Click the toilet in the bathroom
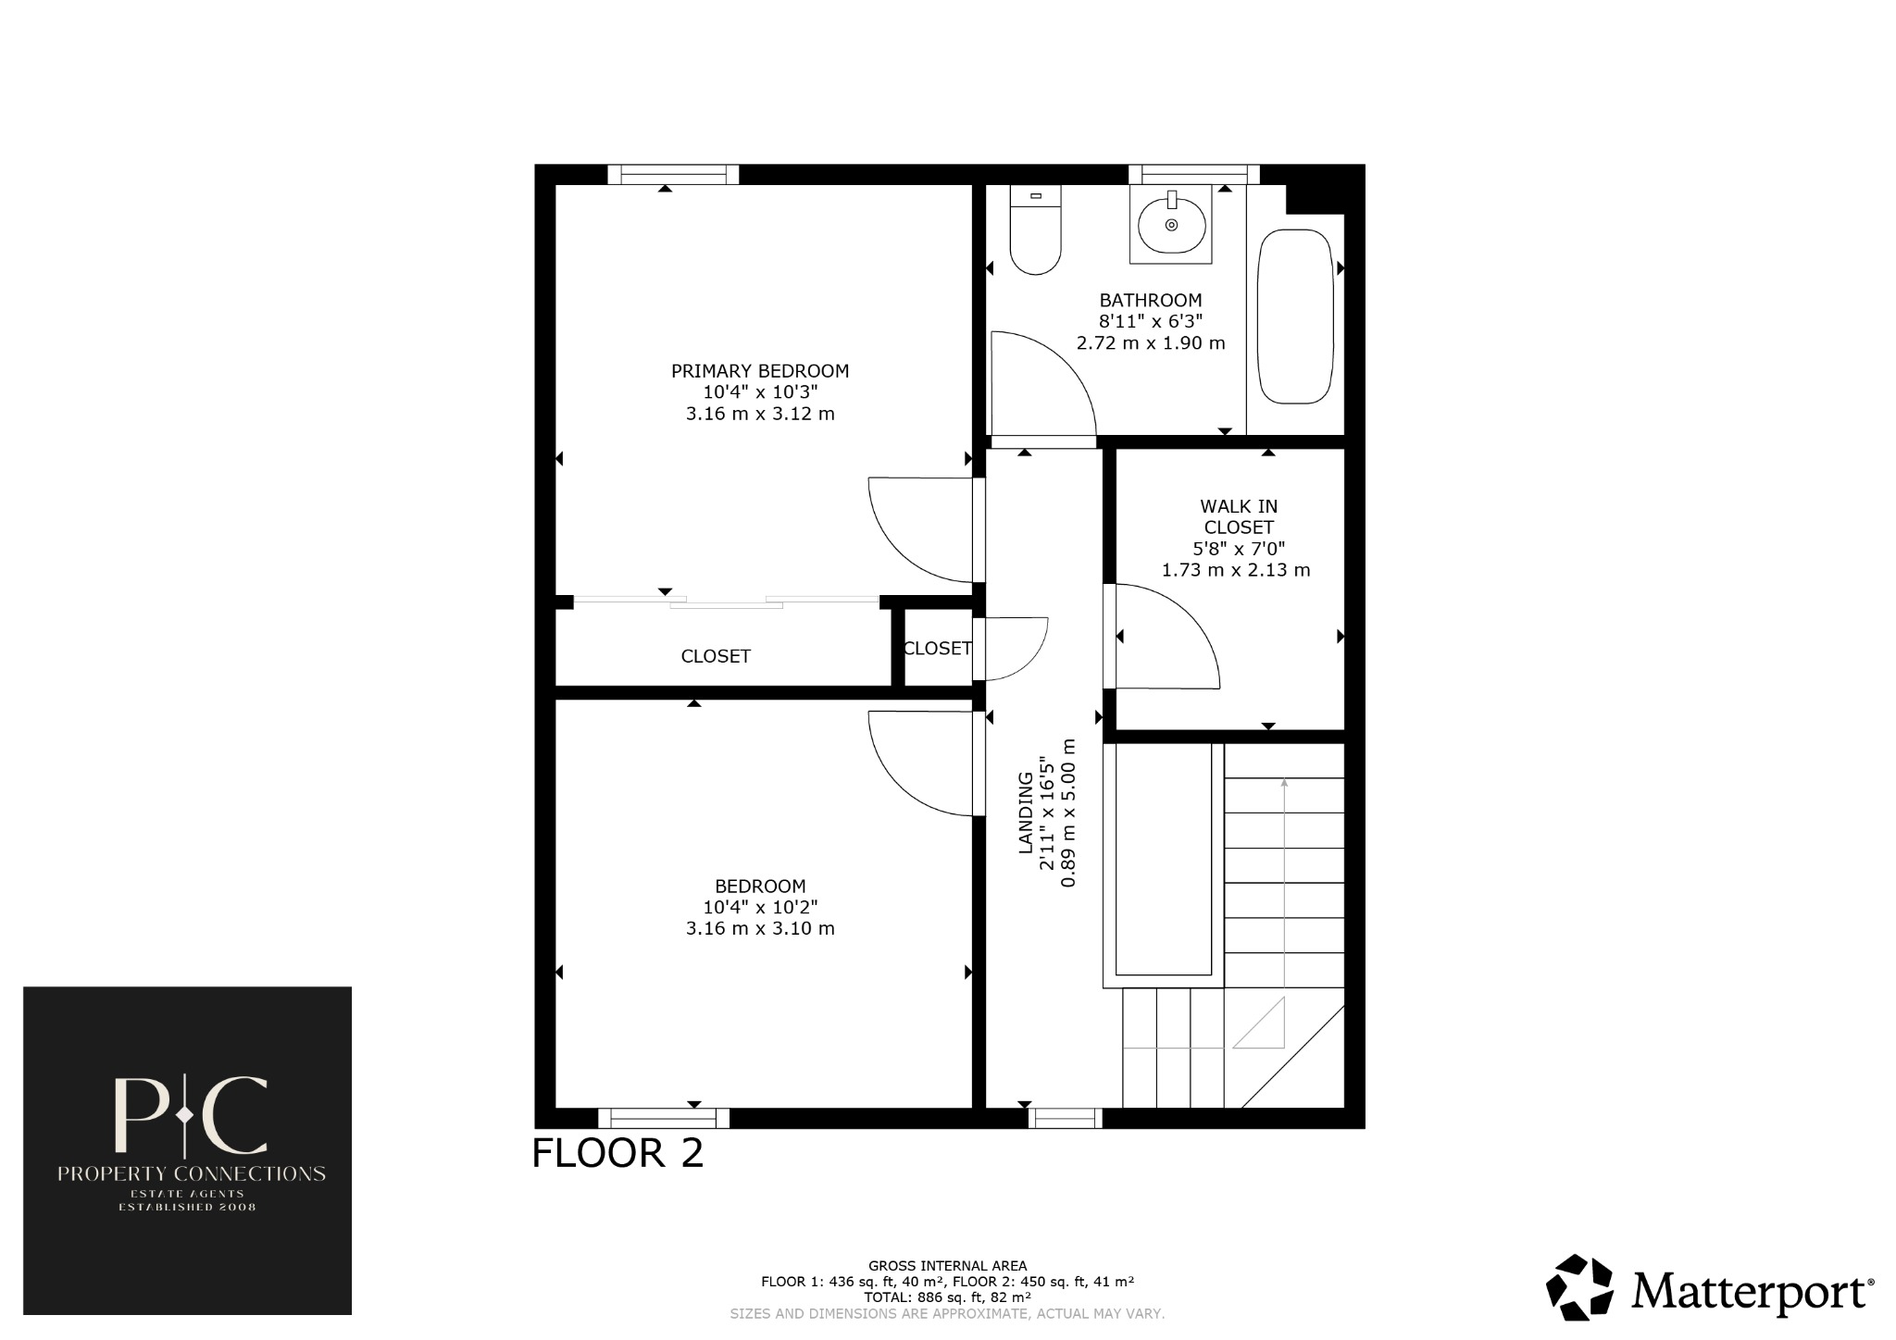click(1035, 236)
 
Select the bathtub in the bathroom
click(1295, 316)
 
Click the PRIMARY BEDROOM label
click(760, 371)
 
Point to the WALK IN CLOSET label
click(1239, 516)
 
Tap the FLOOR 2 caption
click(617, 1153)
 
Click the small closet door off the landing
click(1017, 648)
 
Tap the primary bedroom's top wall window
click(673, 174)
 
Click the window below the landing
click(1065, 1119)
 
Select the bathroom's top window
click(1194, 174)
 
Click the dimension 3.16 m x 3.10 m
click(760, 928)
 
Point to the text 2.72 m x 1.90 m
click(1151, 343)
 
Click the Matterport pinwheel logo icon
click(1579, 1287)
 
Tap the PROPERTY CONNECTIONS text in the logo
click(192, 1173)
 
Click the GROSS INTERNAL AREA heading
click(947, 1265)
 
